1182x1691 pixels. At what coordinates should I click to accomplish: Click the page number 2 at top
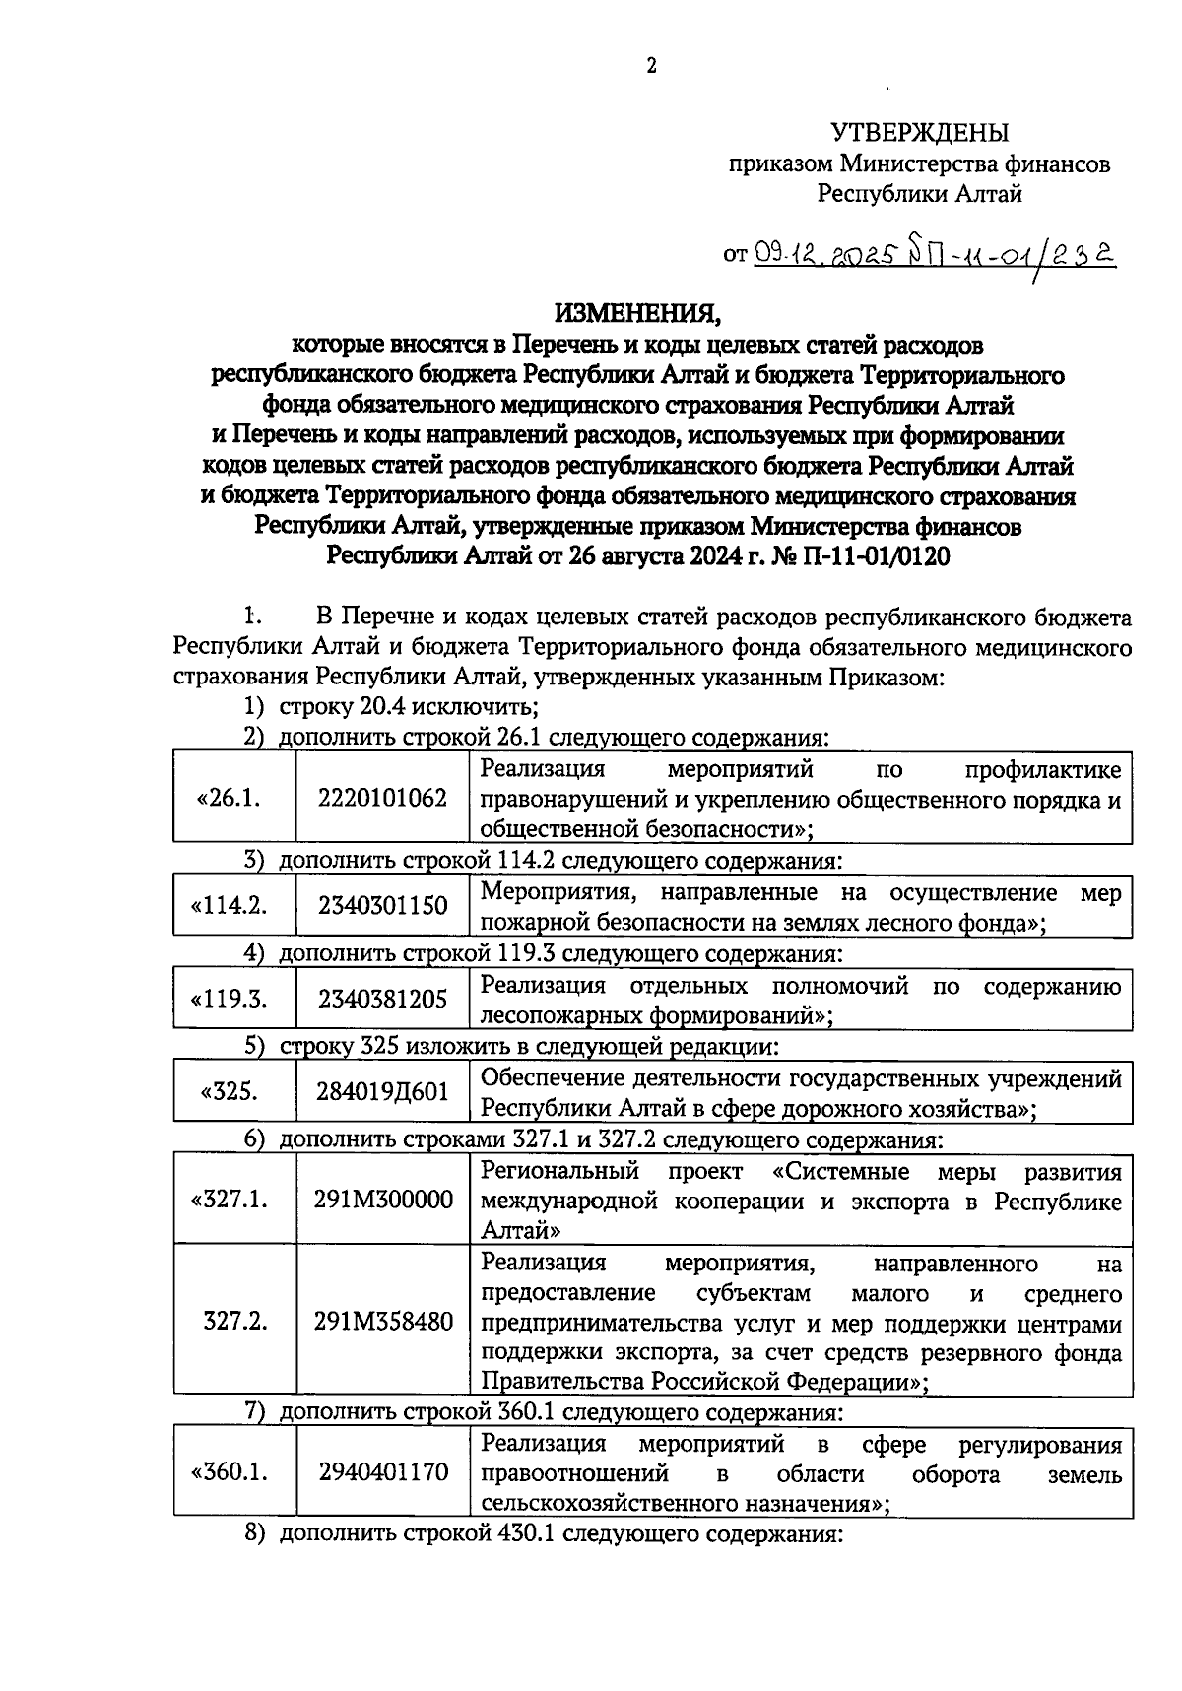point(650,67)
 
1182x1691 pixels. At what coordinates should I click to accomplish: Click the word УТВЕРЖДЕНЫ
point(920,132)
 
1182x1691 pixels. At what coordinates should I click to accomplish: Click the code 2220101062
point(382,798)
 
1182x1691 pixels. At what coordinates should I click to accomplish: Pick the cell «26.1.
point(230,798)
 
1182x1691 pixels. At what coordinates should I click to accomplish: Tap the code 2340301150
point(382,905)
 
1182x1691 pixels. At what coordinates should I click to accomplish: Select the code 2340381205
point(382,999)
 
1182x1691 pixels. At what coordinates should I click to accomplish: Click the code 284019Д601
point(382,1092)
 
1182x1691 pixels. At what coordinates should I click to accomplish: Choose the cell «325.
point(229,1092)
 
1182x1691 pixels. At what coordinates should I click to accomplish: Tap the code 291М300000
point(383,1200)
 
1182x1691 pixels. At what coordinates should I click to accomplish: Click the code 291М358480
point(383,1322)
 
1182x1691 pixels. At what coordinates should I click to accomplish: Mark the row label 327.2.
point(234,1322)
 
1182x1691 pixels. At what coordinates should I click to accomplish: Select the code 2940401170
point(383,1472)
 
